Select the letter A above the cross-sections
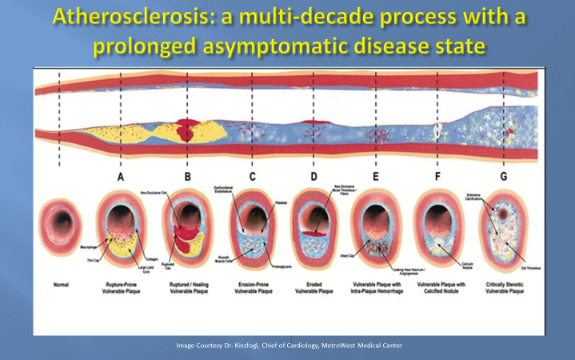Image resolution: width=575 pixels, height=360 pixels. click(120, 176)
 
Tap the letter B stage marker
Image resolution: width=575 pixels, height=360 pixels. click(187, 176)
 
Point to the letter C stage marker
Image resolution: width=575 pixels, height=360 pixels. click(253, 176)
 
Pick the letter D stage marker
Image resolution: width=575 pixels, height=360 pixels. click(313, 176)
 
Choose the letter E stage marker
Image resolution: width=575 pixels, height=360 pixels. click(375, 176)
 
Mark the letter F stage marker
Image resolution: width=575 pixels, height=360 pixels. click(438, 176)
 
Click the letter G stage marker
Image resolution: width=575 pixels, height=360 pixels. click(503, 176)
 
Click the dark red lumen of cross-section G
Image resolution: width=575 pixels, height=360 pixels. click(502, 214)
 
